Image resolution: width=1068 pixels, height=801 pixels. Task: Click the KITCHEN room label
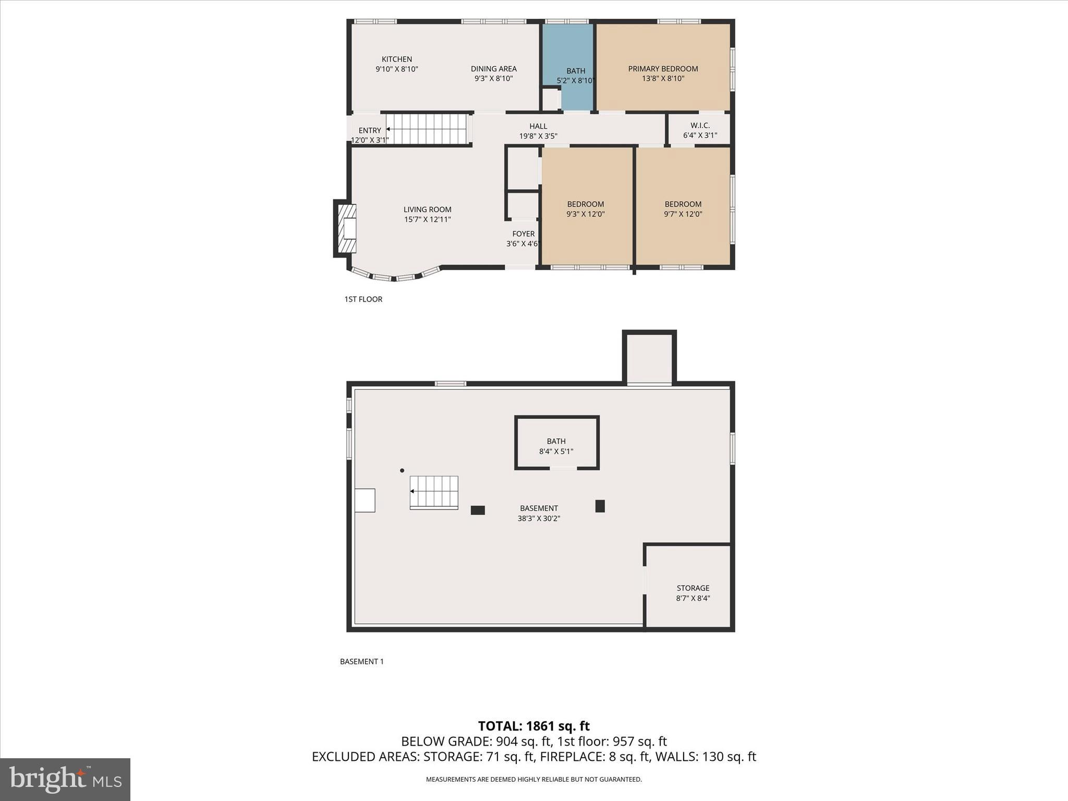pos(396,59)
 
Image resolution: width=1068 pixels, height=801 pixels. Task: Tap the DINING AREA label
pos(493,69)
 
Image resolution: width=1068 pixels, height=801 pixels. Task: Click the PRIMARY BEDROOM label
pos(662,69)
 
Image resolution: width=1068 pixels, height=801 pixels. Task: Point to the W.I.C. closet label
pos(700,126)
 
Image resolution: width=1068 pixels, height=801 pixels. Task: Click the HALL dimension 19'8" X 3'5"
pos(538,136)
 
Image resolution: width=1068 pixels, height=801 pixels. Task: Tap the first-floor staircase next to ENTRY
pos(428,129)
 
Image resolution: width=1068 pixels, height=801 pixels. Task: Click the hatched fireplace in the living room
pos(347,228)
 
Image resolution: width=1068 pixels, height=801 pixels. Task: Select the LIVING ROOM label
pos(427,210)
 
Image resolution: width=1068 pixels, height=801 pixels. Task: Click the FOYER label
pos(523,234)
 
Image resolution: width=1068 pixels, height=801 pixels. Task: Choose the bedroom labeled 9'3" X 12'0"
pos(586,209)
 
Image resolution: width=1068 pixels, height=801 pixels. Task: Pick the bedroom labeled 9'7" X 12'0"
pos(683,209)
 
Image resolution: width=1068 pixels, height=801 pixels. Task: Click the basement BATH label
pos(556,441)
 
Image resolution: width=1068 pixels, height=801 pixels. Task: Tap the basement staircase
pos(434,492)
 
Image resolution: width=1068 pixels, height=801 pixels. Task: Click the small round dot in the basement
pos(402,470)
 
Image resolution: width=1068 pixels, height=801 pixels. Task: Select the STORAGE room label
pos(693,588)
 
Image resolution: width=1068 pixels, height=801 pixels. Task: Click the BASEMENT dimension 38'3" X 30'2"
pos(539,518)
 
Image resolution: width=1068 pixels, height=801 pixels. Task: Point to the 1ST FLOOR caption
pos(363,299)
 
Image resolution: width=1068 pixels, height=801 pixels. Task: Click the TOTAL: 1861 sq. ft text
pos(533,726)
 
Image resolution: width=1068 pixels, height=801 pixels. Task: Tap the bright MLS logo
pos(65,779)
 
